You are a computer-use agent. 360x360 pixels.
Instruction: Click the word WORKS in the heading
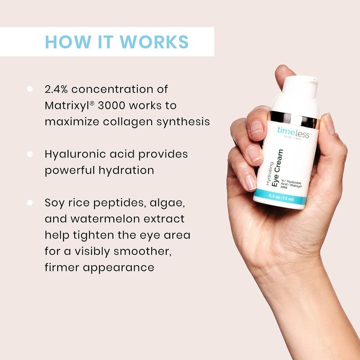[x=154, y=42]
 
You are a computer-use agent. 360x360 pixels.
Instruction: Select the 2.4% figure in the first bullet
[x=56, y=89]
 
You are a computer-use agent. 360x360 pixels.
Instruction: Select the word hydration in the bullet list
[x=126, y=171]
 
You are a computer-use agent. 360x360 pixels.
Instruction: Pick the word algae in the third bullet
[x=167, y=203]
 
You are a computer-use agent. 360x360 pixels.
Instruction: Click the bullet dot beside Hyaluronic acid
[x=30, y=154]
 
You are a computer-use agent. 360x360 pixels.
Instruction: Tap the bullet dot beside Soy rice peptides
[x=30, y=202]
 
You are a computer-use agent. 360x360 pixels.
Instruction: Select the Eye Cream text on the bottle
[x=277, y=168]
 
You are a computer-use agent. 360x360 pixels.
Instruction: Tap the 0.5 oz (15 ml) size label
[x=282, y=198]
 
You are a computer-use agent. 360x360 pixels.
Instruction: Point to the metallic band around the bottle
[x=293, y=119]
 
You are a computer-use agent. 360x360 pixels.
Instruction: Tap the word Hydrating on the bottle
[x=270, y=174]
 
